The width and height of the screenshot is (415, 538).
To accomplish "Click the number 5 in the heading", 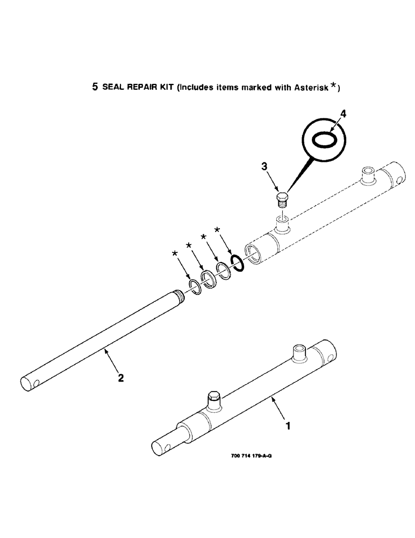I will [x=95, y=87].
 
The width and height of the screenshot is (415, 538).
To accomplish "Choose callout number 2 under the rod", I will [x=120, y=378].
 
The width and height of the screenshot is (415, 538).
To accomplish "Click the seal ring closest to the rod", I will [x=195, y=288].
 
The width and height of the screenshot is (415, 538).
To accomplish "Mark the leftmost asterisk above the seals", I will [x=175, y=253].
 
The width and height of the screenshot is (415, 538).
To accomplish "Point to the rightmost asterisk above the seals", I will [x=217, y=231].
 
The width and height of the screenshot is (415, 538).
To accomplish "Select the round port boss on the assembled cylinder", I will [x=299, y=353].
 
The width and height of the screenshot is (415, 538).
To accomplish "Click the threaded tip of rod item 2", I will [x=180, y=295].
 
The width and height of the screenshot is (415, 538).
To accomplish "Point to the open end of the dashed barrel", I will [x=253, y=252].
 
